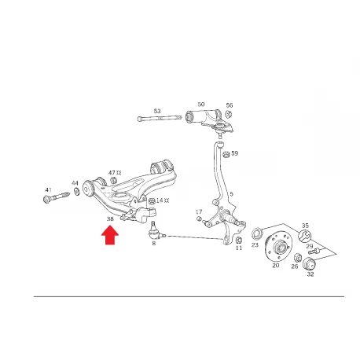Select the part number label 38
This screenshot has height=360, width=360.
110,219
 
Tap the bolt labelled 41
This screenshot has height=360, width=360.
56,197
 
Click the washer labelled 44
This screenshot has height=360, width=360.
77,192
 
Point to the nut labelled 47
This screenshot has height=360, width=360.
113,180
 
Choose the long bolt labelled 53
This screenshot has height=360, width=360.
160,118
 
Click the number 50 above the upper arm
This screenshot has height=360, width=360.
201,105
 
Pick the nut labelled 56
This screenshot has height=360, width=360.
229,114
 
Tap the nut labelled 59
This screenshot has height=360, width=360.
226,154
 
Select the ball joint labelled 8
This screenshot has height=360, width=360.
155,233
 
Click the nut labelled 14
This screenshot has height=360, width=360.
152,201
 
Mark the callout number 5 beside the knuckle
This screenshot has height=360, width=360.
231,194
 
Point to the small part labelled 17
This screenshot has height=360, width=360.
199,219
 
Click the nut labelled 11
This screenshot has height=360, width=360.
239,240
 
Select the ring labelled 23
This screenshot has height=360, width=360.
255,233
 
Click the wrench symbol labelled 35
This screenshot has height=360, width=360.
305,236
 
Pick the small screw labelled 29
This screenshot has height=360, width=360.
314,252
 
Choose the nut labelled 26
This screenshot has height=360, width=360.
297,258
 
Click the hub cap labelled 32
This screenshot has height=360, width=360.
309,263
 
